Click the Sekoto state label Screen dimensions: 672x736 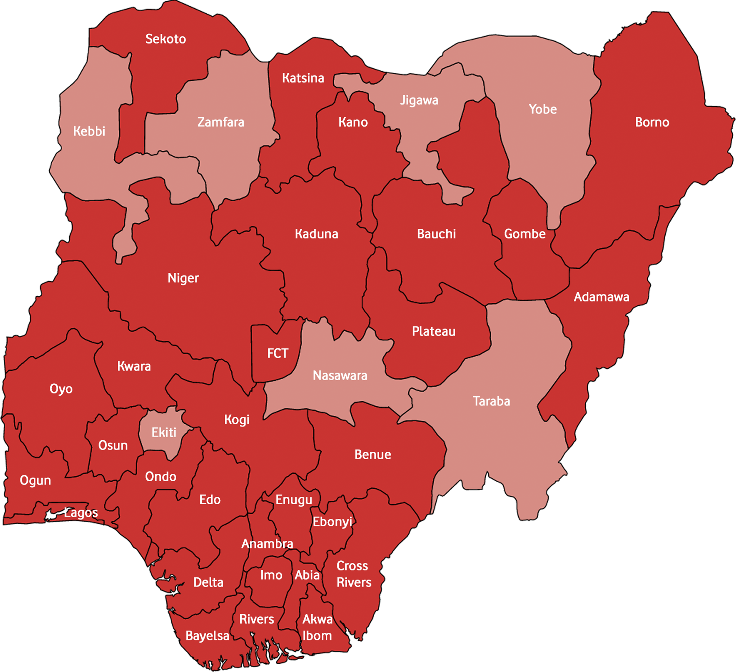pyautogui.click(x=165, y=39)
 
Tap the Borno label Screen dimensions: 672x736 pyautogui.click(x=652, y=122)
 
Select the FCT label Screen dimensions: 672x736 pyautogui.click(x=278, y=353)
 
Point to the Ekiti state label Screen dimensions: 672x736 pyautogui.click(x=164, y=432)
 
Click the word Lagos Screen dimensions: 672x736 pyautogui.click(x=81, y=513)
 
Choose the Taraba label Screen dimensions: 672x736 pyautogui.click(x=491, y=401)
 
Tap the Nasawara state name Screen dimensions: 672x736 pyautogui.click(x=340, y=375)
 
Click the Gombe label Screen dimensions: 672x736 pyautogui.click(x=524, y=234)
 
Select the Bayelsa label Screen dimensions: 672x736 pyautogui.click(x=207, y=636)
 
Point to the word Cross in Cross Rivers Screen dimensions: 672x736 pyautogui.click(x=352, y=566)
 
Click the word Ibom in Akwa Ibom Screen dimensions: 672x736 pyautogui.click(x=317, y=636)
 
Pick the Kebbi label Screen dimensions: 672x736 pyautogui.click(x=89, y=131)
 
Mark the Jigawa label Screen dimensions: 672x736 pyautogui.click(x=419, y=100)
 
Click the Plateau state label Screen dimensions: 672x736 pyautogui.click(x=433, y=331)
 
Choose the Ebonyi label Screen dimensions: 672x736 pyautogui.click(x=332, y=522)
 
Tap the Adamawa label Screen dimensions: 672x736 pyautogui.click(x=601, y=297)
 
